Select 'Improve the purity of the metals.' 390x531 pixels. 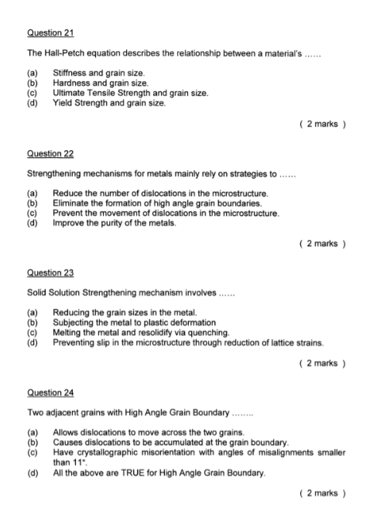click(x=113, y=223)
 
